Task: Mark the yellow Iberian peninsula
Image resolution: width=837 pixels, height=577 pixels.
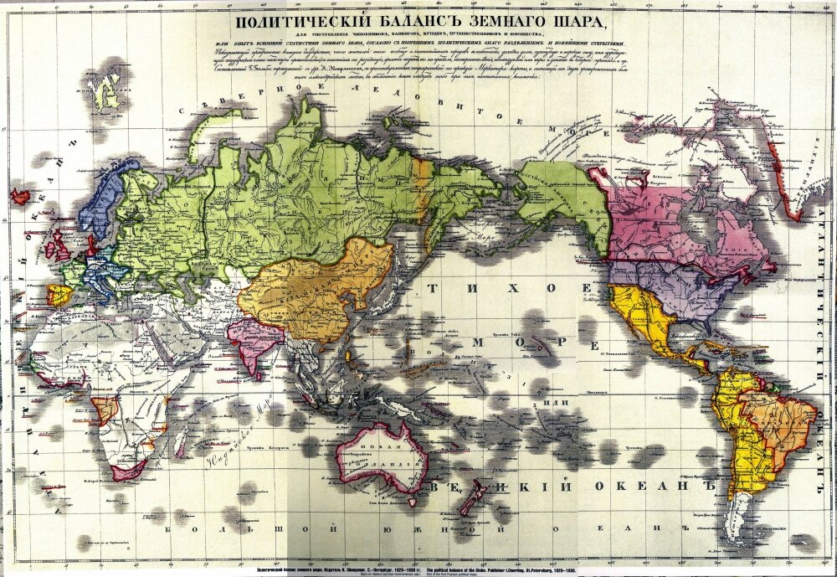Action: (x=59, y=295)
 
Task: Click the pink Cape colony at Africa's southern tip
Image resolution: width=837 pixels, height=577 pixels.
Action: (x=128, y=471)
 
